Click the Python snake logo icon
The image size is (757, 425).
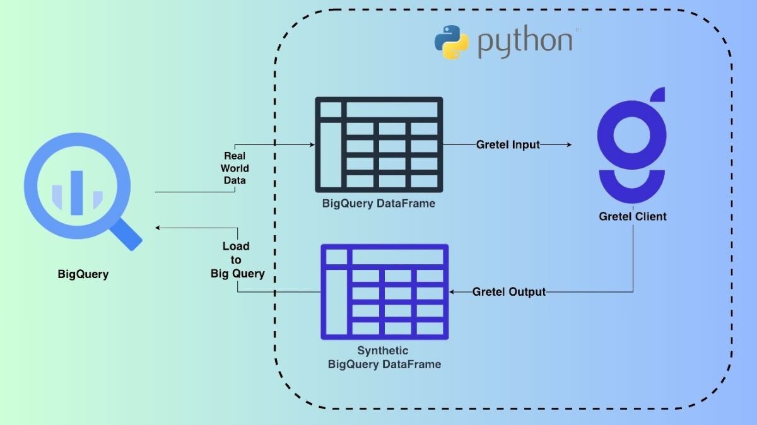[x=452, y=42]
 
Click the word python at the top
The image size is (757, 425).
[x=525, y=42]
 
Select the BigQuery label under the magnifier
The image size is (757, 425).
[x=83, y=274]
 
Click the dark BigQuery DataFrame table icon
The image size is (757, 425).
[x=378, y=144]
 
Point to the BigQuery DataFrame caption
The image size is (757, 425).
[x=378, y=204]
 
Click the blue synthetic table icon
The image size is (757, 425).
[x=384, y=291]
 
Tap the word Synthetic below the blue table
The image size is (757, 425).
[x=383, y=351]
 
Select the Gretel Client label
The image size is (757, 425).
[x=632, y=217]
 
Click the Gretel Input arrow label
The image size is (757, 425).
[x=508, y=144]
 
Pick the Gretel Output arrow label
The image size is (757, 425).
[x=509, y=292]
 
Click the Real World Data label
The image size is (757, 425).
[x=235, y=168]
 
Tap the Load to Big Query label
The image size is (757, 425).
[x=237, y=260]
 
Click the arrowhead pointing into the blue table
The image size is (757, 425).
[x=452, y=292]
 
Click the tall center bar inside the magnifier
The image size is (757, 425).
[x=76, y=190]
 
